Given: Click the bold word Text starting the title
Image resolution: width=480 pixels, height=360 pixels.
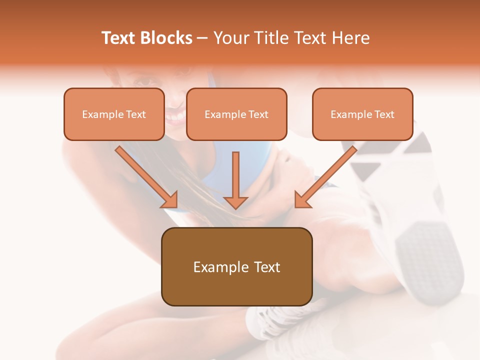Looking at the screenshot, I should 119,38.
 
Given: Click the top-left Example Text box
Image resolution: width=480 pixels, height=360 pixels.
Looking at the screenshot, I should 114,114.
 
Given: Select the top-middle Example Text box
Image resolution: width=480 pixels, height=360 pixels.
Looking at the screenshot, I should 236,114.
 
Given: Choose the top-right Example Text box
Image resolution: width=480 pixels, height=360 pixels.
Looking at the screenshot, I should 362,114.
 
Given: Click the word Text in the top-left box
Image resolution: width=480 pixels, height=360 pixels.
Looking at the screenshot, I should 136,114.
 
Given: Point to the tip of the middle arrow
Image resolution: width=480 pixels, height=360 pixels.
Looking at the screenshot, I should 235,207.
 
